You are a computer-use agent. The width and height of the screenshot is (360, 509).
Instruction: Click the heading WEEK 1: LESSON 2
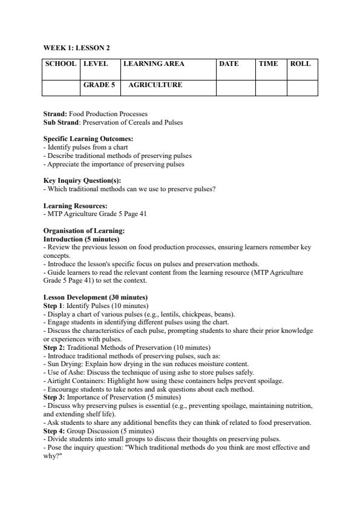pyautogui.click(x=77, y=47)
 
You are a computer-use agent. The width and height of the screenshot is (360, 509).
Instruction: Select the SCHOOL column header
pyautogui.click(x=61, y=64)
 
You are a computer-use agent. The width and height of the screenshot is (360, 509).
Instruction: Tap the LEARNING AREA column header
pyautogui.click(x=154, y=64)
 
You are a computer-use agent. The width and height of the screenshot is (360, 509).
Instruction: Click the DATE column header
pyautogui.click(x=229, y=64)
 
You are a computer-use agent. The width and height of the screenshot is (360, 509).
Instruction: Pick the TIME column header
pyautogui.click(x=268, y=64)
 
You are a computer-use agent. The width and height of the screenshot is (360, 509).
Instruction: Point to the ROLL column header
pyautogui.click(x=300, y=64)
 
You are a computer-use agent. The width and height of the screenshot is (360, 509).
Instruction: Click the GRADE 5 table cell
pyautogui.click(x=99, y=85)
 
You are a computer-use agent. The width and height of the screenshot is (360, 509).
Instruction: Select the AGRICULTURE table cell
pyautogui.click(x=155, y=85)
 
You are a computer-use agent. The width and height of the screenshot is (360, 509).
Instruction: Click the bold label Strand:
pyautogui.click(x=55, y=114)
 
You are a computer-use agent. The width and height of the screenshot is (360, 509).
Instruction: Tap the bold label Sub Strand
pyautogui.click(x=61, y=122)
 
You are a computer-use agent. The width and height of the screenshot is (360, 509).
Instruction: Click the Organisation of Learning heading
pyautogui.click(x=84, y=231)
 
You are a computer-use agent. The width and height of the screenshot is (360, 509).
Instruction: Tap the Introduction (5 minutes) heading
pyautogui.click(x=81, y=239)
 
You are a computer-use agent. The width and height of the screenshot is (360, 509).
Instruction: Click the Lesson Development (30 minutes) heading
pyautogui.click(x=96, y=298)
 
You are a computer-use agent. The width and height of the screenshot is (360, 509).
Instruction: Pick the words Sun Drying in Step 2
pyautogui.click(x=62, y=364)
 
